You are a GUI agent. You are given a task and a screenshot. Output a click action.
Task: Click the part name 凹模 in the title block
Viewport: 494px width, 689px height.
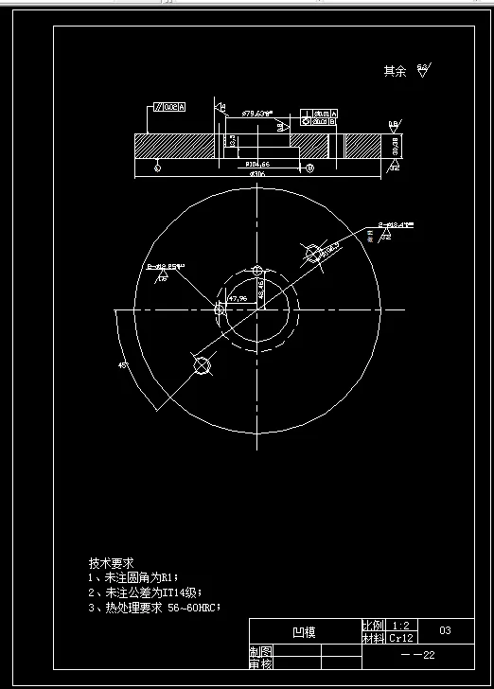point(303,631)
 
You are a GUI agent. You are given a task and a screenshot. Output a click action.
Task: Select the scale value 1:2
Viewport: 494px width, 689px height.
point(399,626)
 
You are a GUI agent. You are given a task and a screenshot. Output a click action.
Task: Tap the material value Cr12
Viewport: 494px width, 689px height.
point(399,638)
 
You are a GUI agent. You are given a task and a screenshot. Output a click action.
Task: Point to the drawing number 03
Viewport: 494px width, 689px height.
point(445,629)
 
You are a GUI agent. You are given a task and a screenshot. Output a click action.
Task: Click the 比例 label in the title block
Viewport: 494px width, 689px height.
point(372,626)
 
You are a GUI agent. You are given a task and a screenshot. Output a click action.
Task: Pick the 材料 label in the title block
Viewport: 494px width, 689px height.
point(372,638)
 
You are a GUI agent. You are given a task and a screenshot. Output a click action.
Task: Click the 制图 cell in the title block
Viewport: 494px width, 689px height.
point(260,652)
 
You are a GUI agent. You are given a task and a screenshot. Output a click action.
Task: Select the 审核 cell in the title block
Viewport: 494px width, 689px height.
point(260,664)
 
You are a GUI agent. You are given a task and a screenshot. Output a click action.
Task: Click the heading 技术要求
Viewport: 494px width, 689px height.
point(111,562)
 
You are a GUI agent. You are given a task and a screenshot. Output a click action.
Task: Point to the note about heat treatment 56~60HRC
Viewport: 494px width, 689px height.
point(153,608)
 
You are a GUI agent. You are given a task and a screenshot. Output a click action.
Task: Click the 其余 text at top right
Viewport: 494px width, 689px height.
point(395,71)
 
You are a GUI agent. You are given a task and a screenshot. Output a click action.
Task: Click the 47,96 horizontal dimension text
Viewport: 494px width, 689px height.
point(237,298)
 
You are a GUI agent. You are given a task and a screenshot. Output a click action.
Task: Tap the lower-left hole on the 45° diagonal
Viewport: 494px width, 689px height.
point(201,366)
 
